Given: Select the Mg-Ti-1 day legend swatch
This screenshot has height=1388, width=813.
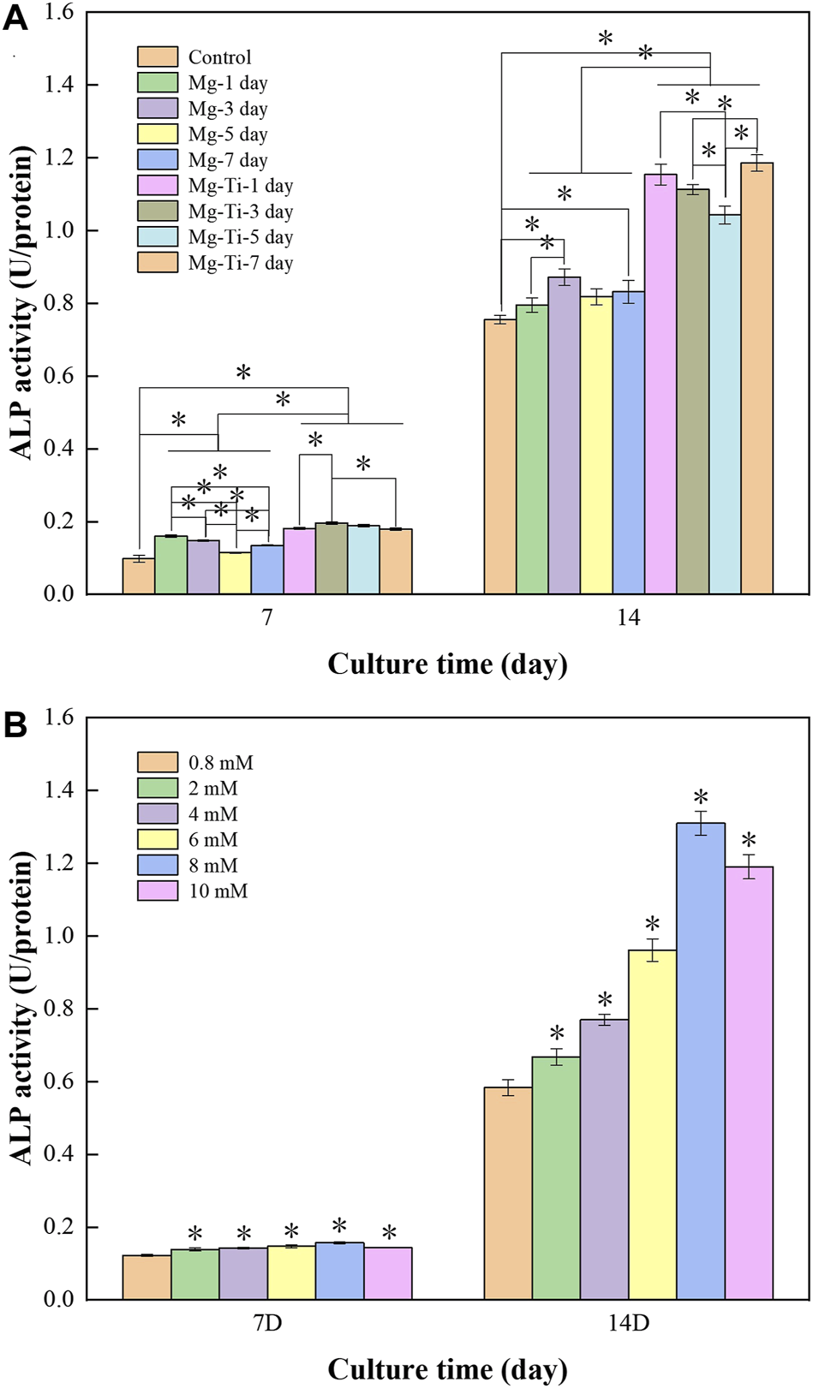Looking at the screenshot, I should point(158,186).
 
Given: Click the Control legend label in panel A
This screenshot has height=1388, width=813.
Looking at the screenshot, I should point(219,57).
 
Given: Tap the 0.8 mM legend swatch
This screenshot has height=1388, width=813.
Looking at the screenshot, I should point(158,763).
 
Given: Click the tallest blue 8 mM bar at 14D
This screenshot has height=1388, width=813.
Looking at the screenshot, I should point(701,1062).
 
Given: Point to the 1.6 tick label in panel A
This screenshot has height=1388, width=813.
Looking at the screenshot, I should point(59,13).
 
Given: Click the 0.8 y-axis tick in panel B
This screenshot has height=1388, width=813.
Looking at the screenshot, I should point(59,1009).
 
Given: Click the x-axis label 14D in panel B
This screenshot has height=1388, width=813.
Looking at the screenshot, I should point(628,1323).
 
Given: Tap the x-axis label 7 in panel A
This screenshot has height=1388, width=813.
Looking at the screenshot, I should point(267,617).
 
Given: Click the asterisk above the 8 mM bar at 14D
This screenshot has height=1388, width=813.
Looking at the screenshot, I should point(702,796).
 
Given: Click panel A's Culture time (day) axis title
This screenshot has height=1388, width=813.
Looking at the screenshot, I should point(447,664).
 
